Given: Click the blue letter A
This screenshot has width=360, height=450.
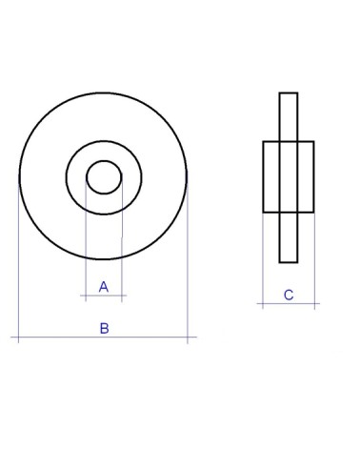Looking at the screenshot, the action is click(104, 287).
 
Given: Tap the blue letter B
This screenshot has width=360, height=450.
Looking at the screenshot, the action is click(104, 328).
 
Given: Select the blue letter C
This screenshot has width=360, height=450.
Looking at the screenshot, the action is click(289, 295).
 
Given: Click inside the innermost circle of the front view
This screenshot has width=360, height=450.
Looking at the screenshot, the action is click(104, 177).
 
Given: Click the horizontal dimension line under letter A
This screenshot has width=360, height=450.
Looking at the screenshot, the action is click(104, 296).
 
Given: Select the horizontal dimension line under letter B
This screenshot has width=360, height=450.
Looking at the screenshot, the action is click(104, 337).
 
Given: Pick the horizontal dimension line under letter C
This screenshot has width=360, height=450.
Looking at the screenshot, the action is click(289, 304).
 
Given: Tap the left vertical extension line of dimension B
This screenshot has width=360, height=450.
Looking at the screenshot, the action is click(19, 259).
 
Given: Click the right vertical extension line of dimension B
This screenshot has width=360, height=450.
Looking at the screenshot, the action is click(188, 259).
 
